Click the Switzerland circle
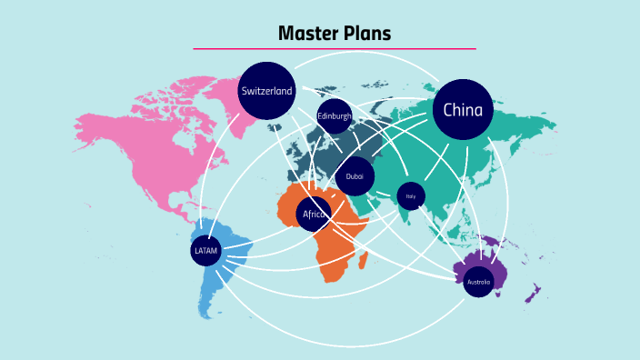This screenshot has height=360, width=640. coord(267,90)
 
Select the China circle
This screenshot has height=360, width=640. coord(463,110)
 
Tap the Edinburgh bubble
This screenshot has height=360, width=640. coord(334,115)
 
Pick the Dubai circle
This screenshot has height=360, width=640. coord(355,176)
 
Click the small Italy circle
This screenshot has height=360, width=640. coord(411,195)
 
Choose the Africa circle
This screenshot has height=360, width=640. coord(314,214)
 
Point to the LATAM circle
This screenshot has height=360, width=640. coord(206,250)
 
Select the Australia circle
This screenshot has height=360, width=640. coord(478,282)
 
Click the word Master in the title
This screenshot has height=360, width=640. coord(307,34)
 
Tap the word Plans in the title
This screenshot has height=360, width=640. coord(366,34)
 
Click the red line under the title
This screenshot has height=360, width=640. coord(335,48)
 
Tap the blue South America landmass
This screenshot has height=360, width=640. coord(223,273)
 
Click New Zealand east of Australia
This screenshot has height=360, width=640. coord(536,294)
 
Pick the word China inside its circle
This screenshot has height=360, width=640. coord(463,110)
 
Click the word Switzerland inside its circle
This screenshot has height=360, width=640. coord(267,91)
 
